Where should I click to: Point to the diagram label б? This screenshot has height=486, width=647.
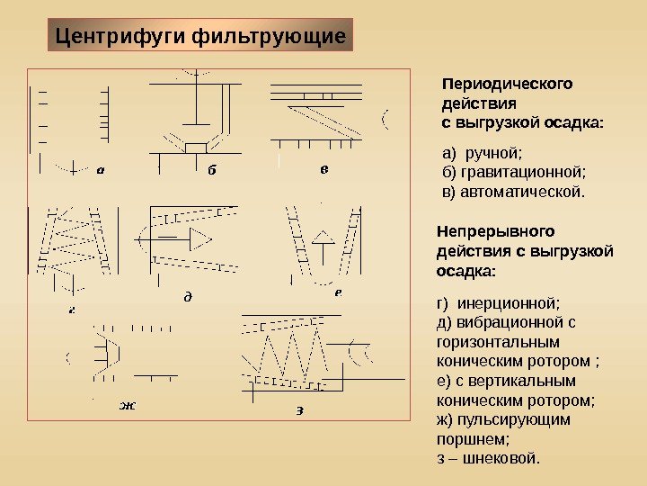coord(212,168)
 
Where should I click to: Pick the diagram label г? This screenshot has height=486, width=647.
coord(71,310)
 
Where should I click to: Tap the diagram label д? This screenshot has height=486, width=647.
coord(188,295)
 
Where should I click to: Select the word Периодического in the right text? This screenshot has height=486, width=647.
coord(508,84)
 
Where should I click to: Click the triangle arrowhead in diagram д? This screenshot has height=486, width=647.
coord(199,238)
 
